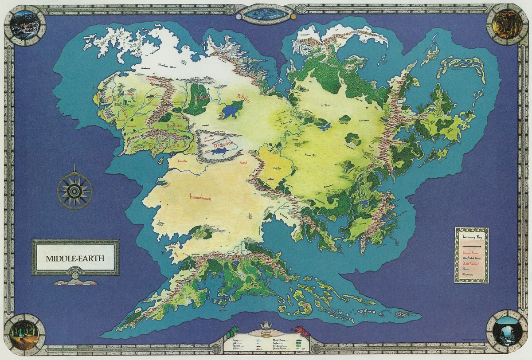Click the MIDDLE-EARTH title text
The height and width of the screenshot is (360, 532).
(75, 258)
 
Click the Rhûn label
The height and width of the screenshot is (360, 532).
(244, 98)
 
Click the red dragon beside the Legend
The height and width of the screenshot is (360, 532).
(300, 330)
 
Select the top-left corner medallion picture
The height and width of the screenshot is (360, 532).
(25, 24)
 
